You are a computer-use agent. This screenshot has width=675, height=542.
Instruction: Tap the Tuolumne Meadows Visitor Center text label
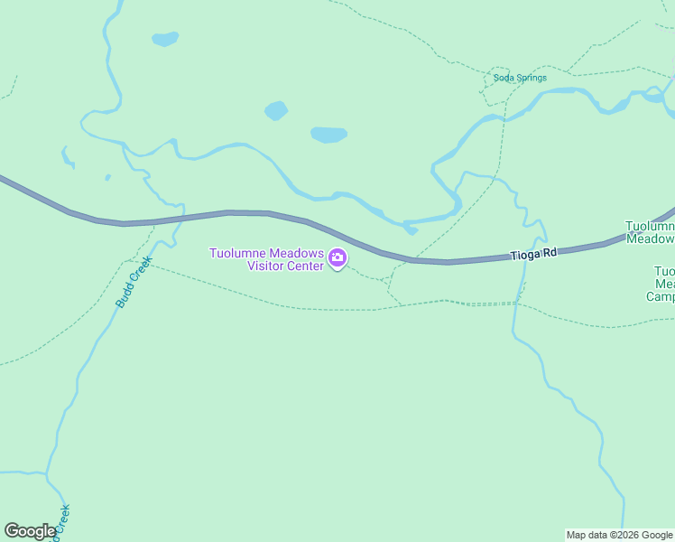point(266,259)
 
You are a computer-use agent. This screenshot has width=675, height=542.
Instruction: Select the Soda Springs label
point(520,78)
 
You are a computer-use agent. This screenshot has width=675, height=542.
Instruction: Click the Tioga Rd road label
point(532,255)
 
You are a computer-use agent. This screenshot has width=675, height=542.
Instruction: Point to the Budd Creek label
point(133,282)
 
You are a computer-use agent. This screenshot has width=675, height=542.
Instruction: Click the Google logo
point(30,531)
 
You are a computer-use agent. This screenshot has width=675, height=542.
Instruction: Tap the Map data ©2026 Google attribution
point(619,535)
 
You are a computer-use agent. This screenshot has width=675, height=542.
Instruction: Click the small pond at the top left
point(165,39)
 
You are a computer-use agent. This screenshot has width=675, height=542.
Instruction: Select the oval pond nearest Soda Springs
point(328,135)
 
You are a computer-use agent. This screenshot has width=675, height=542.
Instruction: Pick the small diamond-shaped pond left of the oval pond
point(276,111)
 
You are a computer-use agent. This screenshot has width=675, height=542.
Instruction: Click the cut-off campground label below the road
point(663,284)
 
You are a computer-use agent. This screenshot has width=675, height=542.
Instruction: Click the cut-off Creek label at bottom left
point(62,519)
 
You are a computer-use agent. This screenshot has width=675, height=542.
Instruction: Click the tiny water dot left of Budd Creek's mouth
point(107,177)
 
